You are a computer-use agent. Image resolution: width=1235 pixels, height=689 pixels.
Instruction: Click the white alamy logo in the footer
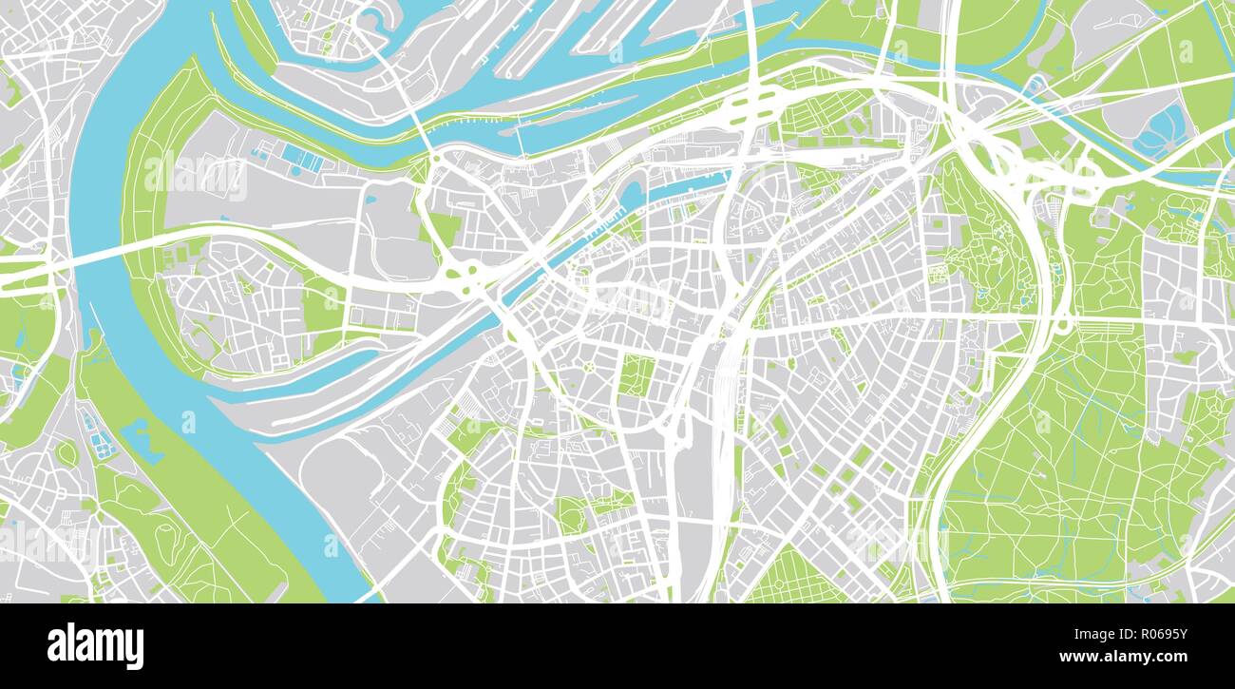[x=95, y=646]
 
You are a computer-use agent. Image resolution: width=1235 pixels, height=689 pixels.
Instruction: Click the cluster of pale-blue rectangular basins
[x=302, y=157]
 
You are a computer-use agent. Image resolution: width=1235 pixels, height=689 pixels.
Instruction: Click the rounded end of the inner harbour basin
[x=632, y=196]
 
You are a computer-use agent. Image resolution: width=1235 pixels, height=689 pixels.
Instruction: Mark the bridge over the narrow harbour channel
[x=520, y=139]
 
